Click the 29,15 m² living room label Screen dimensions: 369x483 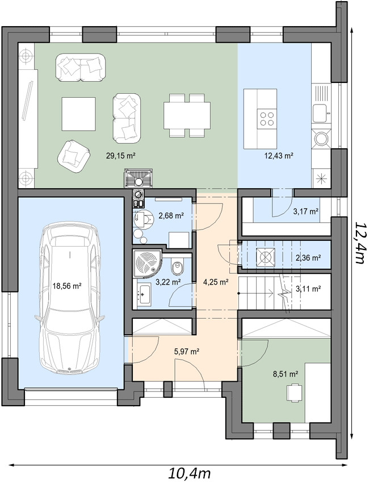pos(121,156)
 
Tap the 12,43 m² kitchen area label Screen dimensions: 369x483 pos(279,156)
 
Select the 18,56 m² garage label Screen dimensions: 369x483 pos(67,286)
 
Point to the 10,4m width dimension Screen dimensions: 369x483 pos(189,473)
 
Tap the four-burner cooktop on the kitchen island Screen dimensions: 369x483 pos(267,119)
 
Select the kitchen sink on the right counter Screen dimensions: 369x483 pos(320,113)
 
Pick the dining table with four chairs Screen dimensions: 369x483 pos(187,115)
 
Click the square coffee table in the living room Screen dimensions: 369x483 pos(78,114)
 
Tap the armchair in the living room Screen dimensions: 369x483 pos(74,156)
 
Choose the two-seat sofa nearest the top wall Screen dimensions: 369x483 pos(81,68)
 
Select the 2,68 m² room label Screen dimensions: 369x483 pos(171,215)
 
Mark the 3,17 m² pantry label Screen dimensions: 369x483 pos(305,211)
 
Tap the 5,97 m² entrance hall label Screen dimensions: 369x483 pos(187,351)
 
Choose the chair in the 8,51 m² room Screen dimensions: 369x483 pos(295,392)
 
